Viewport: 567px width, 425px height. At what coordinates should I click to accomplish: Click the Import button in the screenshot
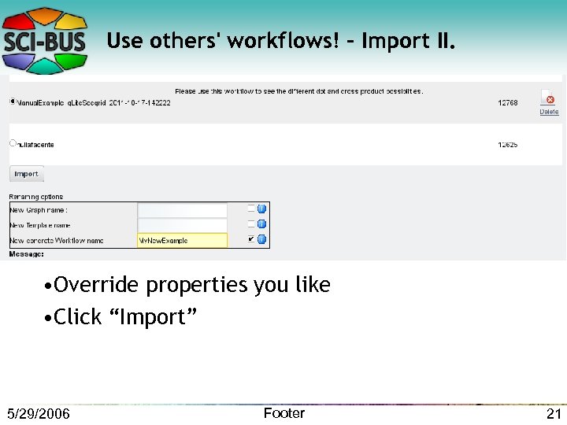click(26, 174)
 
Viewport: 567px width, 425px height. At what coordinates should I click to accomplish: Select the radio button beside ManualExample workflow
click(13, 102)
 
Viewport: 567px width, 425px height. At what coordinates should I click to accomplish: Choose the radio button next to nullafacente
click(13, 143)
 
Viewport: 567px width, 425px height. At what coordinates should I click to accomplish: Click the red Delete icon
click(549, 99)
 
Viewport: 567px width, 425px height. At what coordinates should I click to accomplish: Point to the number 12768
click(508, 103)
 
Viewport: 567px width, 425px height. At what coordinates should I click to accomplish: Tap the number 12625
click(508, 145)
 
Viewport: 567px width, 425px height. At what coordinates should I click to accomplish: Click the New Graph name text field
click(182, 210)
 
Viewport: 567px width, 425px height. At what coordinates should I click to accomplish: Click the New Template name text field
click(182, 225)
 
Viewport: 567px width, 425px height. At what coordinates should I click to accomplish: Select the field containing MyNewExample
click(182, 240)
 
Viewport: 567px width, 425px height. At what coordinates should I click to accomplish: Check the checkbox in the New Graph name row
click(251, 209)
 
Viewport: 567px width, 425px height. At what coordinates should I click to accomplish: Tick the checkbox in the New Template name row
click(251, 224)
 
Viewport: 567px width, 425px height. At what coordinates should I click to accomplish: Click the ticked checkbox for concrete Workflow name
click(251, 238)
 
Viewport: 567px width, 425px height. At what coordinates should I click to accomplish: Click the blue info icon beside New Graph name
click(262, 209)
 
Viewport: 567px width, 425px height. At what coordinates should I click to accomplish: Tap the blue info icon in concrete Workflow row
click(262, 239)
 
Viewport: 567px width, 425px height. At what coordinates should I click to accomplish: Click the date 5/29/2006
click(38, 414)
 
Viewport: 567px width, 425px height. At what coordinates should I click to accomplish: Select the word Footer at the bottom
click(283, 413)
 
